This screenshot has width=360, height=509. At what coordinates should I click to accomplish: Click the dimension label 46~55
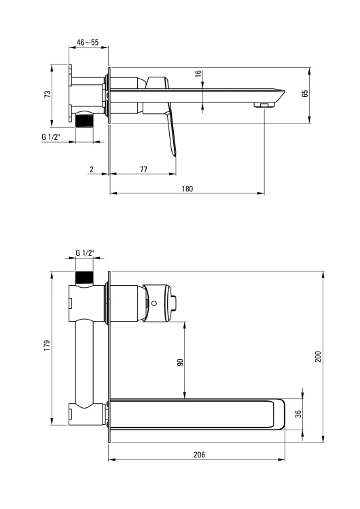pos(88,42)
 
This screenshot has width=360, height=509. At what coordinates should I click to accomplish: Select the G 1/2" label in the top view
pos(51,137)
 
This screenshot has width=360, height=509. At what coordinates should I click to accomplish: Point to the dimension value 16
pos(198,75)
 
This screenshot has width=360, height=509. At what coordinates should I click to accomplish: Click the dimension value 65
pos(306,94)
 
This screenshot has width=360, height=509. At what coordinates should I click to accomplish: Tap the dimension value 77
pos(143,169)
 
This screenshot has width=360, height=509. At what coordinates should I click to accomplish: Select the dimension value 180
pos(187,189)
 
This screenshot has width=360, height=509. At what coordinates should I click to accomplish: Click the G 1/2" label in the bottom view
pos(85,253)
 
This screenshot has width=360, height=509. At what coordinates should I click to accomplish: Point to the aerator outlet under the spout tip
pos(262,105)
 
